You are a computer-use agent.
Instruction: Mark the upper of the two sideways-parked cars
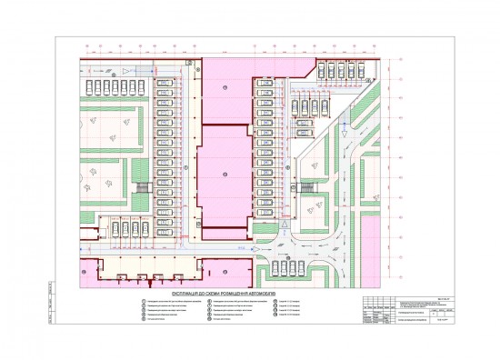tap(321, 104)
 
